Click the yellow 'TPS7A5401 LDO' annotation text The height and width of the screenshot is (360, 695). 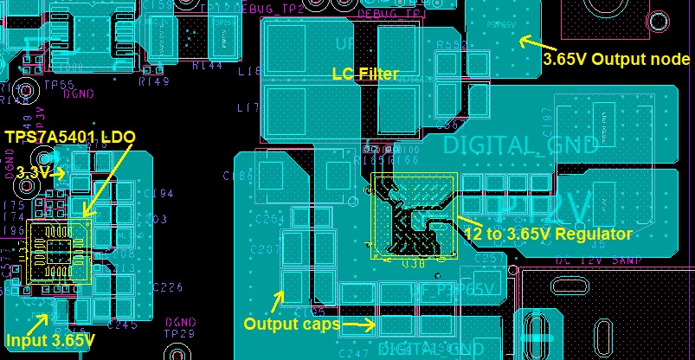pyautogui.click(x=70, y=138)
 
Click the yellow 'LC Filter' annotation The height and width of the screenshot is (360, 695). pyautogui.click(x=365, y=74)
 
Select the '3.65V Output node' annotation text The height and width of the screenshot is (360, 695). pyautogui.click(x=615, y=60)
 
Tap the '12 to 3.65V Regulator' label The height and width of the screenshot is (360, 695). pyautogui.click(x=549, y=234)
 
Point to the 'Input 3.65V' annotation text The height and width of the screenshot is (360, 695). pyautogui.click(x=49, y=340)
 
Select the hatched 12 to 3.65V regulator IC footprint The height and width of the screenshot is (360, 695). pyautogui.click(x=413, y=215)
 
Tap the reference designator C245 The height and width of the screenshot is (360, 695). pyautogui.click(x=123, y=325)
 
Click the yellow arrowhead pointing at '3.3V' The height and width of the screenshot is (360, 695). pyautogui.click(x=61, y=174)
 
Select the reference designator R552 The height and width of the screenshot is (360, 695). pyautogui.click(x=452, y=45)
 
